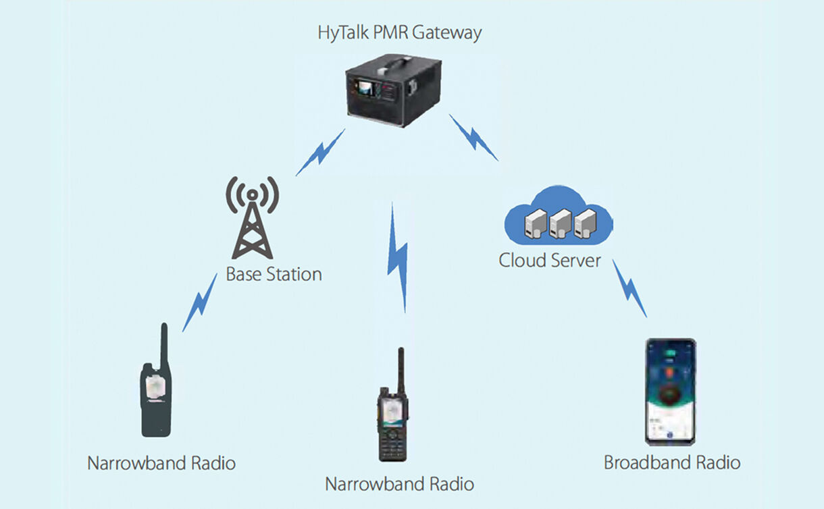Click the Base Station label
tap(274, 275)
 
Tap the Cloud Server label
tap(550, 260)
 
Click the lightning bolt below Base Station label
tap(200, 302)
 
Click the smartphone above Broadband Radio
tap(670, 392)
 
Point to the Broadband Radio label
tap(672, 463)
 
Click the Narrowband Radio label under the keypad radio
tap(399, 484)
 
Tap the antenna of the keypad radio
tap(401, 368)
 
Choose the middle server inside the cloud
tap(560, 223)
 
